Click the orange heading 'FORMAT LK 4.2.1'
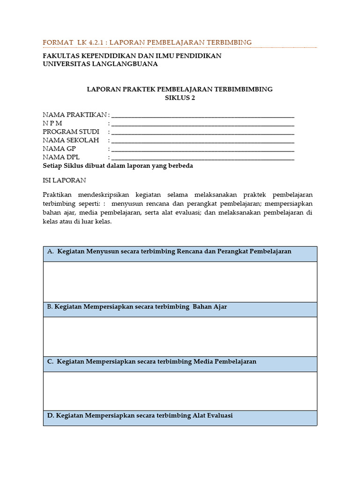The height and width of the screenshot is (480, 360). click(70, 42)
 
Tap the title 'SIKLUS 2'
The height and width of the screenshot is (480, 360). click(180, 98)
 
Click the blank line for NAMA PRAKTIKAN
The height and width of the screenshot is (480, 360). click(202, 115)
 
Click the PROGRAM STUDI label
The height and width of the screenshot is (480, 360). click(71, 132)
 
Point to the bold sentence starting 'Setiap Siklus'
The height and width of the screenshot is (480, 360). click(118, 166)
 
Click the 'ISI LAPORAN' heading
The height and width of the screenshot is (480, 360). click(64, 180)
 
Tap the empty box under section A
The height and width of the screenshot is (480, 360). click(180, 282)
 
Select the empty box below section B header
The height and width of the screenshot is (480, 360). click(180, 337)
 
